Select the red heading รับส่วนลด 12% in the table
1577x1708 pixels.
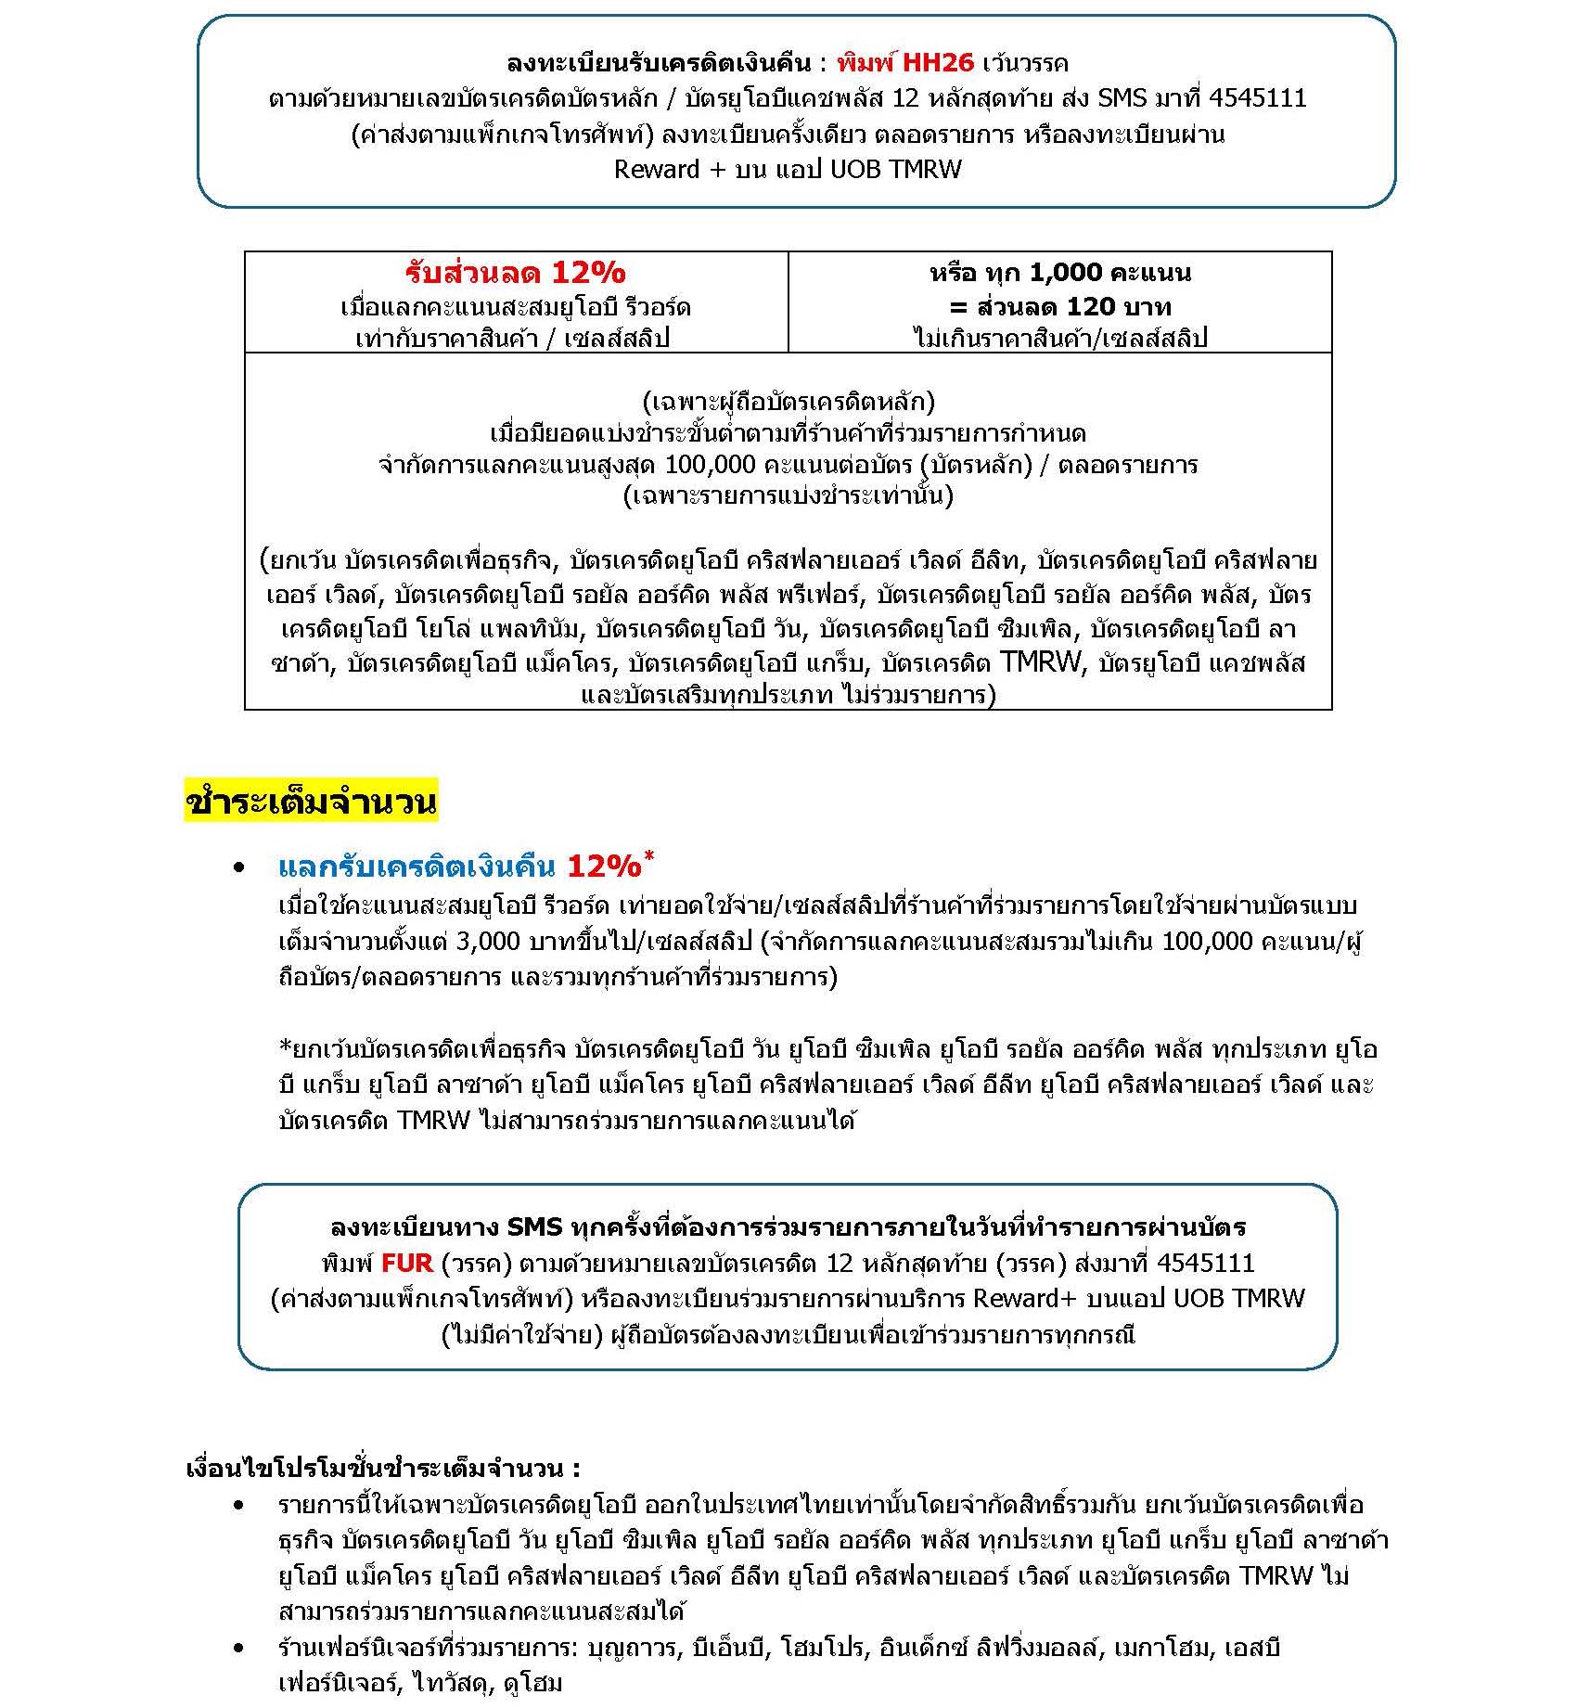click(x=515, y=273)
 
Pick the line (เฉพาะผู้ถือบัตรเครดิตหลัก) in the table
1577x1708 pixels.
click(x=788, y=402)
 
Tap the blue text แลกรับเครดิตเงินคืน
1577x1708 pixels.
click(x=417, y=867)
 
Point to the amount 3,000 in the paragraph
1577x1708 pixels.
click(x=488, y=942)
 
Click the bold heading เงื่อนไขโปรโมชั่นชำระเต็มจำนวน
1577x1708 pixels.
click(x=383, y=1469)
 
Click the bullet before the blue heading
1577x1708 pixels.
click(x=239, y=867)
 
